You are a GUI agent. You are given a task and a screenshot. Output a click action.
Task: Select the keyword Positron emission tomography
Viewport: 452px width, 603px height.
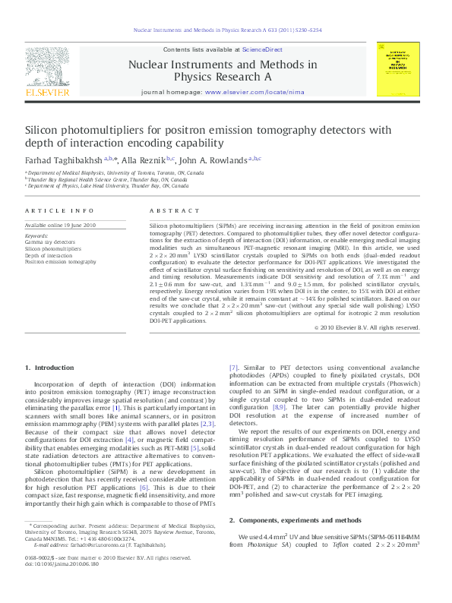(61, 261)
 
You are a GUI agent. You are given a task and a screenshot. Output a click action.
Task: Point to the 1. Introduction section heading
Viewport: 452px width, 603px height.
(49, 368)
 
